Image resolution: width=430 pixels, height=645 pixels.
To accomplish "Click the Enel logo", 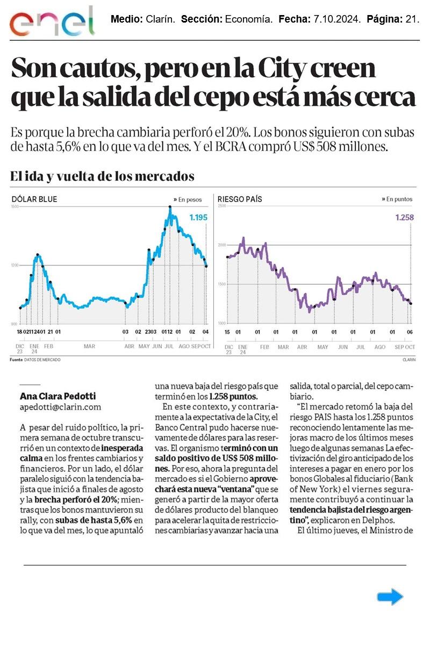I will [x=52, y=21].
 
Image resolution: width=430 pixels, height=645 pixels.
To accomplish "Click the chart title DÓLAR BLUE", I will [x=34, y=199].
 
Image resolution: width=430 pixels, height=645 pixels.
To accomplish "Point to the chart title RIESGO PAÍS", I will [x=240, y=199].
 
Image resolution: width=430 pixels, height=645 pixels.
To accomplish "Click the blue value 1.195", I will [x=198, y=218].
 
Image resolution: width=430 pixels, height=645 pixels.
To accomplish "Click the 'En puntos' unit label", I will [x=399, y=199].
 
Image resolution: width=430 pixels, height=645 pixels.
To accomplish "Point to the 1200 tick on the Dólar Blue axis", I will [x=15, y=265].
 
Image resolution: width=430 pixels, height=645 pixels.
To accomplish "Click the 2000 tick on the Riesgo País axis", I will [x=221, y=245].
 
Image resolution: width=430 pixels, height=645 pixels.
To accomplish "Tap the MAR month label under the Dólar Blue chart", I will [x=89, y=347].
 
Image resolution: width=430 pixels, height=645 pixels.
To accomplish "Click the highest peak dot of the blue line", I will [x=170, y=207].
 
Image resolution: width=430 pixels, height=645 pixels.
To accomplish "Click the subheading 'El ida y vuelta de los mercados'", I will [x=102, y=176].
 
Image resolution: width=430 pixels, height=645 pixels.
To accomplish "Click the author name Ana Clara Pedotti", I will [x=58, y=396].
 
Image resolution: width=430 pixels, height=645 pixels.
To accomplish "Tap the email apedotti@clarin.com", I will [x=60, y=407].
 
